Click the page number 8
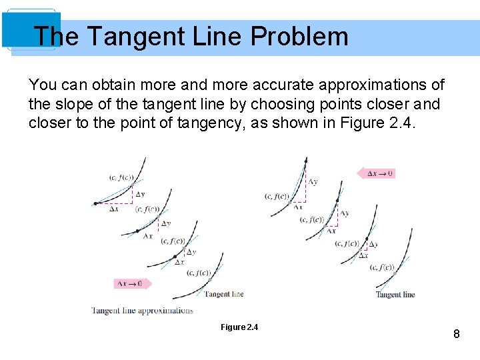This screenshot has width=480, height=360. pyautogui.click(x=457, y=333)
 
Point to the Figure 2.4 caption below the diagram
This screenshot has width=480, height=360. pyautogui.click(x=239, y=327)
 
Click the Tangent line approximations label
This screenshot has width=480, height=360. pyautogui.click(x=142, y=310)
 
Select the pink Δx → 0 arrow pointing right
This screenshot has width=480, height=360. pyautogui.click(x=133, y=283)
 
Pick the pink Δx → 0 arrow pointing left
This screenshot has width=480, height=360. pyautogui.click(x=377, y=173)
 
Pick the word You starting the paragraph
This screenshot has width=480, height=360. pyautogui.click(x=43, y=85)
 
